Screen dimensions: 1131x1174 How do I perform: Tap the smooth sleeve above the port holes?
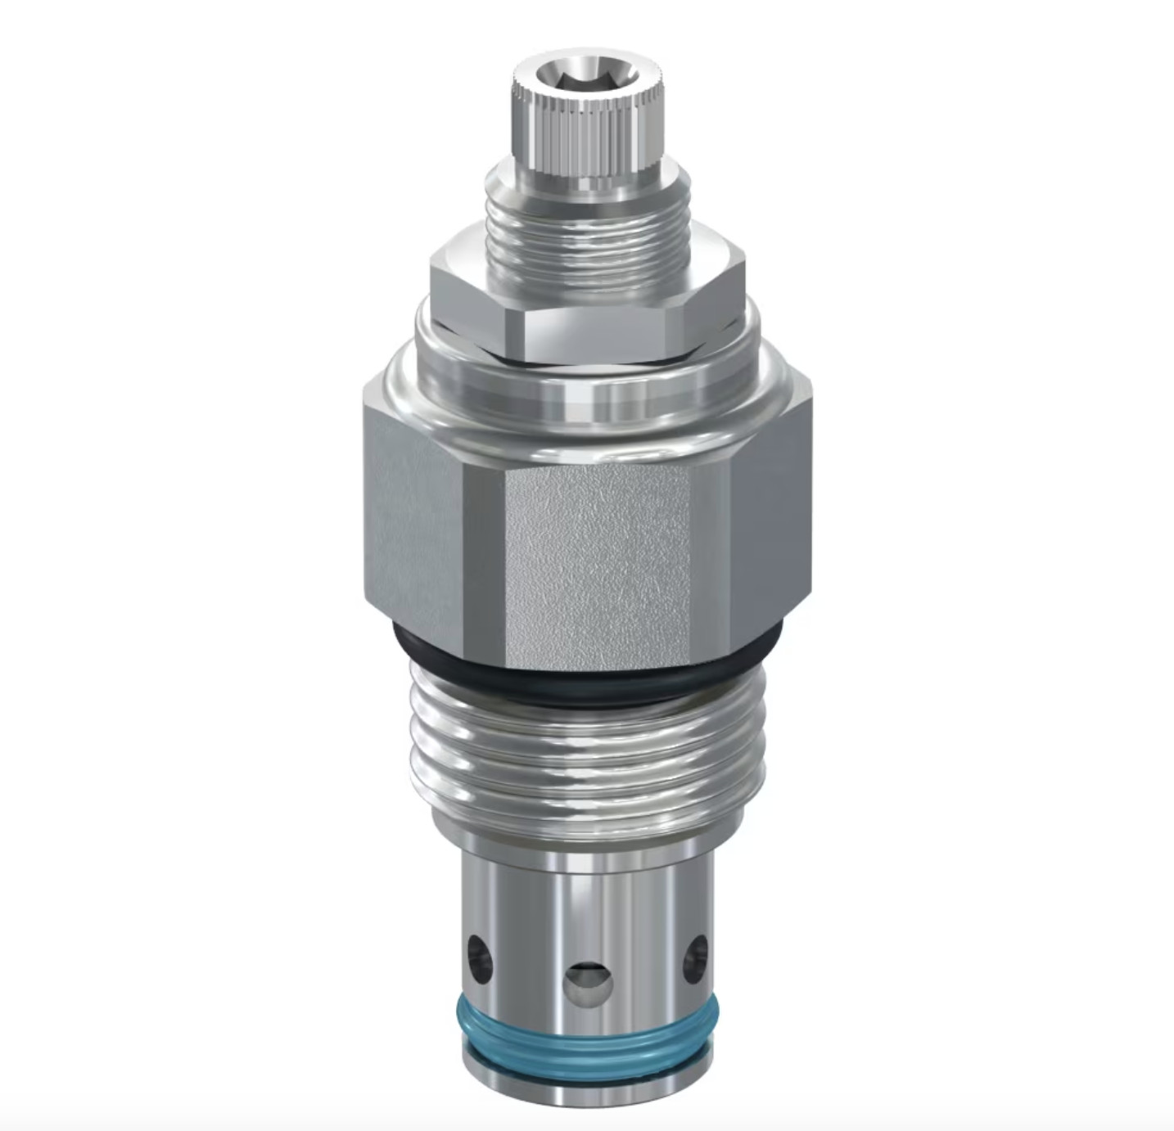[x=585, y=884]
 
